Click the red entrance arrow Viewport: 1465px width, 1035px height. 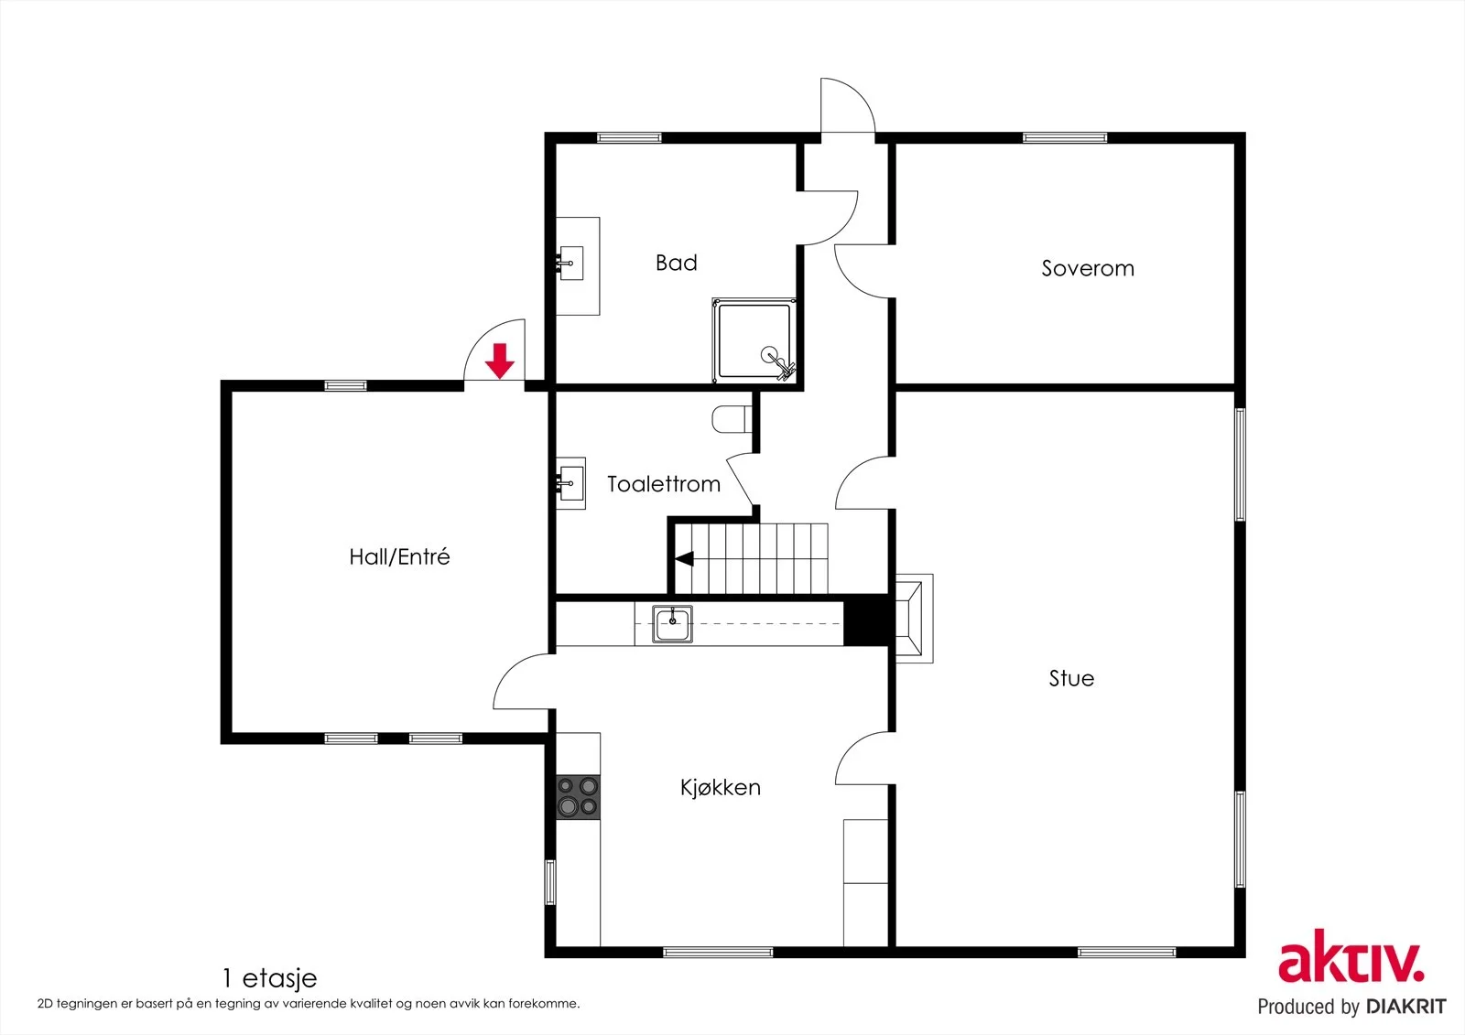[500, 361]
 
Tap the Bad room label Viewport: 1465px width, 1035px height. [677, 263]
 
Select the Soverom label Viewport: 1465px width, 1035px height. [1088, 268]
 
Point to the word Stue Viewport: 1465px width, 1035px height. [1071, 678]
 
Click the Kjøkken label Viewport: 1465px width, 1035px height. [720, 787]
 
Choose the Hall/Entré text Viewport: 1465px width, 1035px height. [399, 556]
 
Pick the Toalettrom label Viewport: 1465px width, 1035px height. [664, 484]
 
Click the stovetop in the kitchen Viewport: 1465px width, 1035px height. [578, 797]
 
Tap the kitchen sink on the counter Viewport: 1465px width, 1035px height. [672, 624]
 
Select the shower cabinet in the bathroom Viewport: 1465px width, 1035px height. [754, 340]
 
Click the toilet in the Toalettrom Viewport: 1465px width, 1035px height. [732, 419]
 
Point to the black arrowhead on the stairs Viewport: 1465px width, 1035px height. [684, 559]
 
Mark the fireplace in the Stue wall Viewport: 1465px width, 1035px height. [914, 619]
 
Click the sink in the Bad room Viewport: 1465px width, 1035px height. [570, 264]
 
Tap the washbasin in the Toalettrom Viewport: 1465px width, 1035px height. [571, 484]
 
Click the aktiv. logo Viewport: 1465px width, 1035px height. [1351, 955]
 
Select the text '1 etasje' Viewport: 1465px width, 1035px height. [269, 979]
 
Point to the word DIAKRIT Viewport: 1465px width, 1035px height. [1406, 1007]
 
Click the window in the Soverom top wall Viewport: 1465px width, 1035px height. [1065, 137]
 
